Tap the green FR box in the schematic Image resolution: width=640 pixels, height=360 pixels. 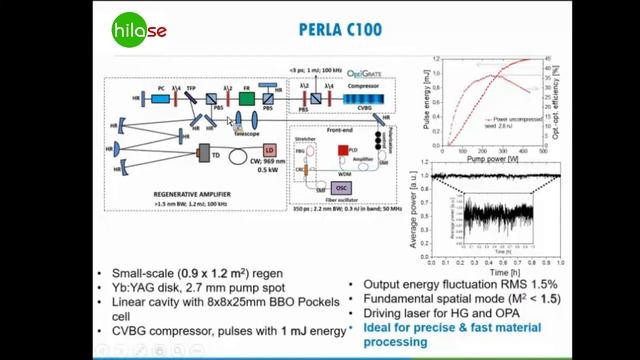pos(246,98)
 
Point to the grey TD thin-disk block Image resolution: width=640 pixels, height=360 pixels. pos(212,156)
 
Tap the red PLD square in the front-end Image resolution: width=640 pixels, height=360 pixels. pos(342,150)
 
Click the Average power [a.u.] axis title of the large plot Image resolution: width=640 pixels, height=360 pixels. pos(423,209)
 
